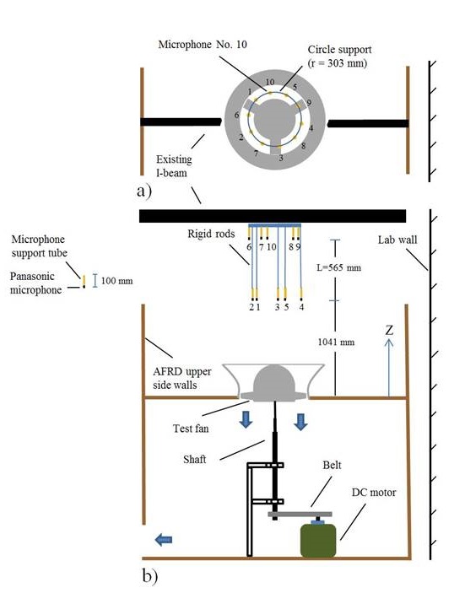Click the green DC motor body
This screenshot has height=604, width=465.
(318, 540)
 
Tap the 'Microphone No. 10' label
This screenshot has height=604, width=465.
(203, 45)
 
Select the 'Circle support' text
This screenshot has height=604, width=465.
(339, 50)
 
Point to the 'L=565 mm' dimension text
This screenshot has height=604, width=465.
(338, 267)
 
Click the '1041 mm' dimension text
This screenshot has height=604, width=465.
(336, 342)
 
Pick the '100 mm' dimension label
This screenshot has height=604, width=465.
(116, 280)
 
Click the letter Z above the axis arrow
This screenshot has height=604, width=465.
(389, 330)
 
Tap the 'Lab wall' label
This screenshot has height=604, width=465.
(397, 240)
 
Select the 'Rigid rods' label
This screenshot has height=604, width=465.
(211, 234)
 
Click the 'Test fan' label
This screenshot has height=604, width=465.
(191, 429)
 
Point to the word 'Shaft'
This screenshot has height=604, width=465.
(195, 459)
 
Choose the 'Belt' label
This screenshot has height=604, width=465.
(332, 465)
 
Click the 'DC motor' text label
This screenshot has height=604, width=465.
(373, 493)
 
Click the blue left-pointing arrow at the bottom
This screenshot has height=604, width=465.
(164, 540)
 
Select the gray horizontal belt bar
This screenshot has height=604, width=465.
(300, 515)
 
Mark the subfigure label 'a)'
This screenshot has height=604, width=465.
(144, 191)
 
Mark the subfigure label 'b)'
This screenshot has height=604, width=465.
(149, 576)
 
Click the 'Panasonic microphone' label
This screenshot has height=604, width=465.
(35, 283)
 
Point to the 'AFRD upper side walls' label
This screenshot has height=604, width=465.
(181, 378)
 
